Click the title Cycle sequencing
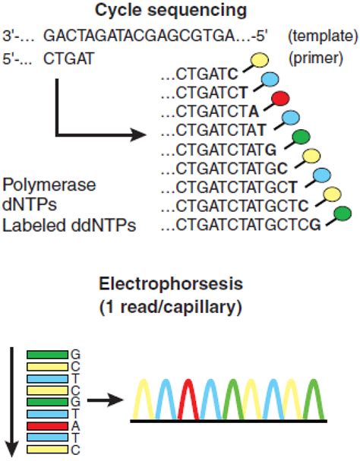click(x=179, y=11)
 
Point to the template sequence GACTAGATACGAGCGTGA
click(x=144, y=35)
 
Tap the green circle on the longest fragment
click(x=342, y=214)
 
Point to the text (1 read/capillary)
click(x=179, y=308)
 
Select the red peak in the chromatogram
click(x=192, y=398)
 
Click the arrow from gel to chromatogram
click(x=106, y=398)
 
